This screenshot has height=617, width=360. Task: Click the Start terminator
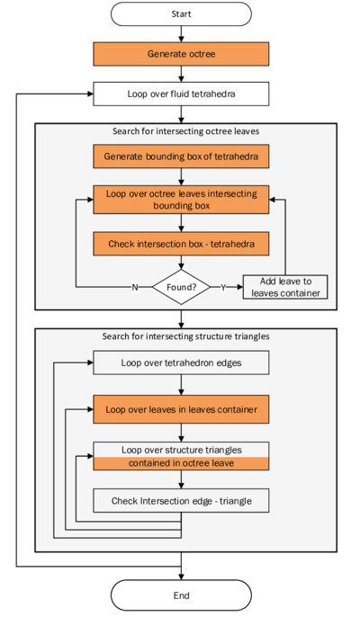pos(181,14)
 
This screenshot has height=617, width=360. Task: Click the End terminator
pos(181,595)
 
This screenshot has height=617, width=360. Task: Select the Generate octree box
pos(181,54)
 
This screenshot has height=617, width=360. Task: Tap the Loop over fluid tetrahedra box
pos(181,93)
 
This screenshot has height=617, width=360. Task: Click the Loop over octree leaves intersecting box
pos(181,199)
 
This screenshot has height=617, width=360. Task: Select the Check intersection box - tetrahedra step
pos(181,244)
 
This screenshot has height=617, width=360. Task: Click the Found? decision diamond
pos(181,287)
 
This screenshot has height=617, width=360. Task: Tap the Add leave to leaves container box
pos(284,287)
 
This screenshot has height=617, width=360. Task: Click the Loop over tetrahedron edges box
pos(181,364)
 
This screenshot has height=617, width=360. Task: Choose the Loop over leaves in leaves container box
pos(181,410)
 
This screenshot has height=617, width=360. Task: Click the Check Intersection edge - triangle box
pos(181,500)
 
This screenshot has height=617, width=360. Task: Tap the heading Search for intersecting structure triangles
pos(184,336)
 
